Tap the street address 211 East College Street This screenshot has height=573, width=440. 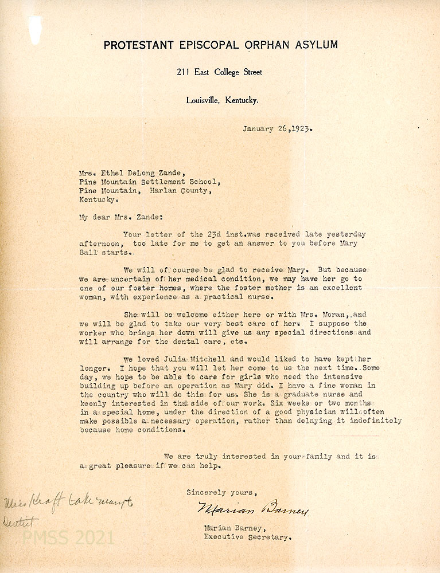[220, 72]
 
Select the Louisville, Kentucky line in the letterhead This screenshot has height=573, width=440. [222, 100]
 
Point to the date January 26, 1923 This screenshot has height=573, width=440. [278, 128]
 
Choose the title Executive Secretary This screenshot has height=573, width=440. [248, 537]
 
